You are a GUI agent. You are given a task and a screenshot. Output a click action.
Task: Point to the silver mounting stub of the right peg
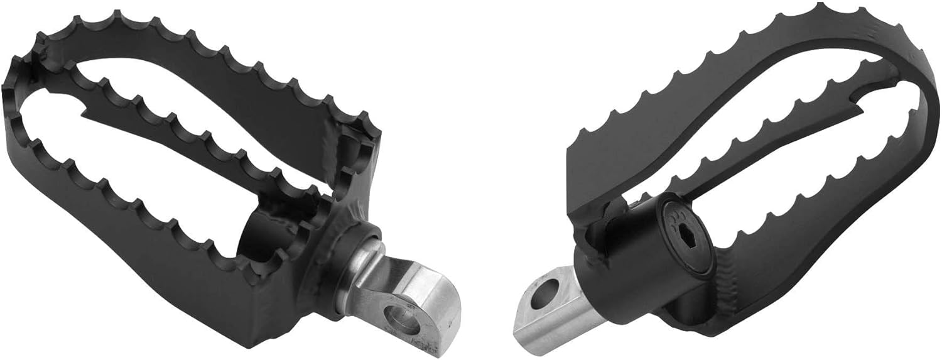pyautogui.click(x=553, y=308)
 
